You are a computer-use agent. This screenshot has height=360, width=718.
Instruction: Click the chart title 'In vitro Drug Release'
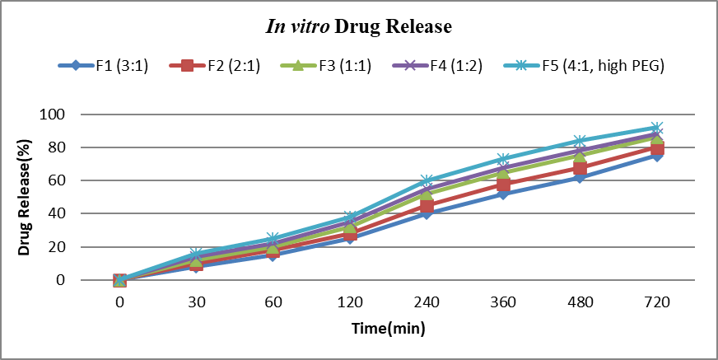click(358, 27)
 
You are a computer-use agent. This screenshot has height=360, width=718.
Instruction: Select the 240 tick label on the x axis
click(427, 302)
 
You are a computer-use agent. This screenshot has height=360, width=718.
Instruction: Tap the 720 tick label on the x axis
click(657, 302)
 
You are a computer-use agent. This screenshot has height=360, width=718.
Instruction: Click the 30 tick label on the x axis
click(196, 302)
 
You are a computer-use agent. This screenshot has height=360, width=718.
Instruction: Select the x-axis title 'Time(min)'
click(388, 330)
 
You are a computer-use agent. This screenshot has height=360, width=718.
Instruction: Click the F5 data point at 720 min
click(657, 129)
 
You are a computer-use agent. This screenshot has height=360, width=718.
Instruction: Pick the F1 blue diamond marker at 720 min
click(657, 155)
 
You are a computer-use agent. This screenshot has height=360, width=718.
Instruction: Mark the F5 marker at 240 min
click(427, 180)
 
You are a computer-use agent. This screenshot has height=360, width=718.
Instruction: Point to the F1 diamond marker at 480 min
click(580, 177)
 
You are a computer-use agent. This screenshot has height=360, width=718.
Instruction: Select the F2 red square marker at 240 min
click(427, 206)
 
